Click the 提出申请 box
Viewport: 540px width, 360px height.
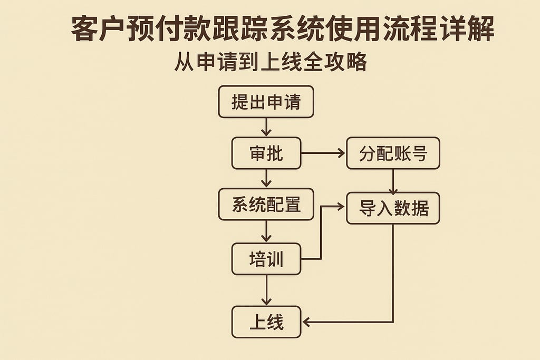(266, 102)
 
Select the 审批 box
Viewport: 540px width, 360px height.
(266, 153)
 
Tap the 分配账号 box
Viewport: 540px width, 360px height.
(393, 153)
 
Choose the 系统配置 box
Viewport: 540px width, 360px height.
(266, 205)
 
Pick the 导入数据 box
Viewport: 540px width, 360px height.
(393, 208)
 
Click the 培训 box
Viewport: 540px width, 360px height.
(266, 259)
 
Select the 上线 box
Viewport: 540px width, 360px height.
(266, 322)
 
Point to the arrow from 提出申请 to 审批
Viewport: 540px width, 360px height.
(266, 127)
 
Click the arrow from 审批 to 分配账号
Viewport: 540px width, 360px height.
(323, 153)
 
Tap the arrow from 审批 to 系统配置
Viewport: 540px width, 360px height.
(266, 179)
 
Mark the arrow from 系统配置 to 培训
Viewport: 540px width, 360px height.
(266, 231)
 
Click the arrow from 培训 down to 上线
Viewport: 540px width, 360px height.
(266, 290)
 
